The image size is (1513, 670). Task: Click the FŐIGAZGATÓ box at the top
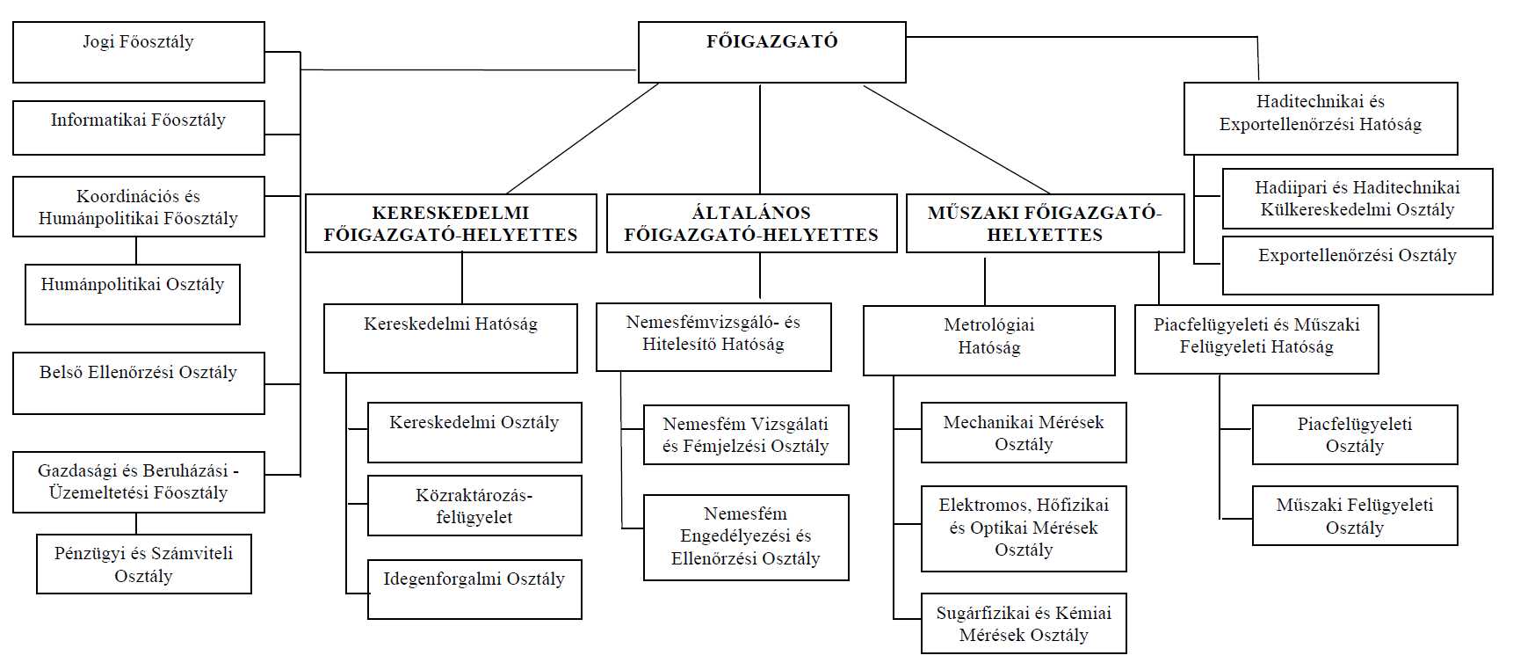coord(771,53)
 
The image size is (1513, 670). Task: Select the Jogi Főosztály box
coord(139,53)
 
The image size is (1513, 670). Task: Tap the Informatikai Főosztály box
coord(139,128)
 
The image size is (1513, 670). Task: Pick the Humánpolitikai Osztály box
coord(133,295)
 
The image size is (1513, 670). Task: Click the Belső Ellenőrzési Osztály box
coord(139,383)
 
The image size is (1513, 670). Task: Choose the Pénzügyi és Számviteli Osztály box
coord(144,564)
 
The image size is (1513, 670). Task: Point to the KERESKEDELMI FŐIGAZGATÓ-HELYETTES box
coord(451,223)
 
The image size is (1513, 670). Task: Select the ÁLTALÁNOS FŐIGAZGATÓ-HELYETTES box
coord(752,223)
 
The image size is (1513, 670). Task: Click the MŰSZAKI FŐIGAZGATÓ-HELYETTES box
coord(1046,223)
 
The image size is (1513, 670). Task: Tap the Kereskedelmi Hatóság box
coord(451,339)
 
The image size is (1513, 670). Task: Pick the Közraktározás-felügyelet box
coord(474,506)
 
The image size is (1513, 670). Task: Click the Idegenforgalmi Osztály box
coord(474,589)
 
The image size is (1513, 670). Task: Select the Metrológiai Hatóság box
coord(989,340)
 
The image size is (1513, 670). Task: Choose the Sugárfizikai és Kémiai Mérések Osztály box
coord(1024,623)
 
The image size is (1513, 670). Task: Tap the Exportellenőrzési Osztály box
coord(1357,265)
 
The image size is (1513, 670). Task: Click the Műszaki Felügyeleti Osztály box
coord(1355,515)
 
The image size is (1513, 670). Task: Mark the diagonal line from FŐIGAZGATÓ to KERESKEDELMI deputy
coord(583,139)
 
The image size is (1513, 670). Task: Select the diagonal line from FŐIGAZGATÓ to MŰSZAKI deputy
coord(957,139)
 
